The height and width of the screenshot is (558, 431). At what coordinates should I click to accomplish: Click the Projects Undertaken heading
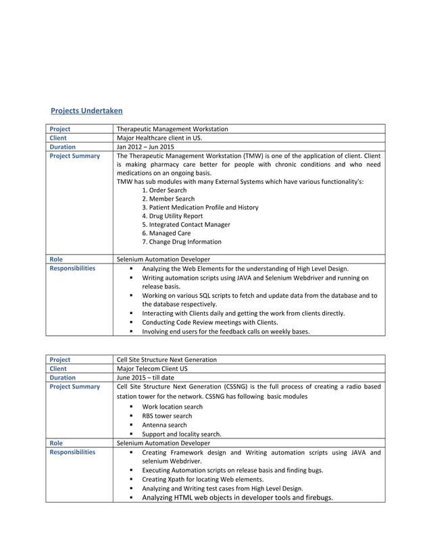pyautogui.click(x=86, y=111)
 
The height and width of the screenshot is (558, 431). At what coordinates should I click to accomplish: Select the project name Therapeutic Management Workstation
pyautogui.click(x=172, y=129)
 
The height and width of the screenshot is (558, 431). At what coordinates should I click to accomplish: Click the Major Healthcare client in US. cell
pyautogui.click(x=159, y=138)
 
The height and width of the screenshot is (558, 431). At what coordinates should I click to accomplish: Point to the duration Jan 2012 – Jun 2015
pyautogui.click(x=145, y=147)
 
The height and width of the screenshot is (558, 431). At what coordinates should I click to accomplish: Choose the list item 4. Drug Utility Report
pyautogui.click(x=172, y=216)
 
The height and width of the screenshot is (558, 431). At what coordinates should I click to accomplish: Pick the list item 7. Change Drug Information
pyautogui.click(x=182, y=242)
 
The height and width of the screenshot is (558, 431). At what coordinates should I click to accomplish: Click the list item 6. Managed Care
pyautogui.click(x=166, y=233)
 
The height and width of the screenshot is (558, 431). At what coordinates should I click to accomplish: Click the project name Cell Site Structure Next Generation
pyautogui.click(x=167, y=360)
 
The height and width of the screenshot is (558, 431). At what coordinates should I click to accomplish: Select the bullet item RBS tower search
pyautogui.click(x=167, y=416)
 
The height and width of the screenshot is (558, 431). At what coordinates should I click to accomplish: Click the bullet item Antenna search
pyautogui.click(x=164, y=425)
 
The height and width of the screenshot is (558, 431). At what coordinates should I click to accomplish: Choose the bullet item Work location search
pyautogui.click(x=172, y=407)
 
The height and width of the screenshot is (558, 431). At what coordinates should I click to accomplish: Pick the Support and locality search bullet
pyautogui.click(x=182, y=434)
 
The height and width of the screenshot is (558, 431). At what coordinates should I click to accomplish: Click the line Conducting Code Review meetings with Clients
pyautogui.click(x=209, y=322)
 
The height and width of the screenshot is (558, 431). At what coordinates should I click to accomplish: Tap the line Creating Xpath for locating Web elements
pyautogui.click(x=203, y=479)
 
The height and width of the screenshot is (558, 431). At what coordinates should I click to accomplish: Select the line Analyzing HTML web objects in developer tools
pyautogui.click(x=237, y=498)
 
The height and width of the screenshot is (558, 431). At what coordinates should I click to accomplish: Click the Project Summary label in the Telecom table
pyautogui.click(x=74, y=387)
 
